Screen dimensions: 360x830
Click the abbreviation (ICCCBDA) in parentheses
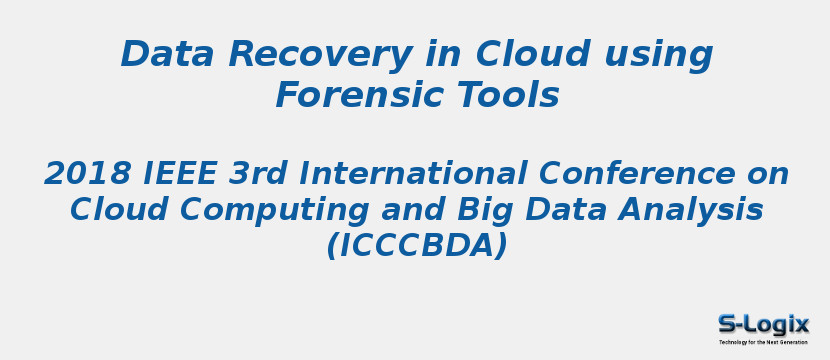pyautogui.click(x=416, y=246)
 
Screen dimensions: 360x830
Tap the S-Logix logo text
pyautogui.click(x=763, y=324)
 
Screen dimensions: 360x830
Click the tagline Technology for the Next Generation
pyautogui.click(x=763, y=342)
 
